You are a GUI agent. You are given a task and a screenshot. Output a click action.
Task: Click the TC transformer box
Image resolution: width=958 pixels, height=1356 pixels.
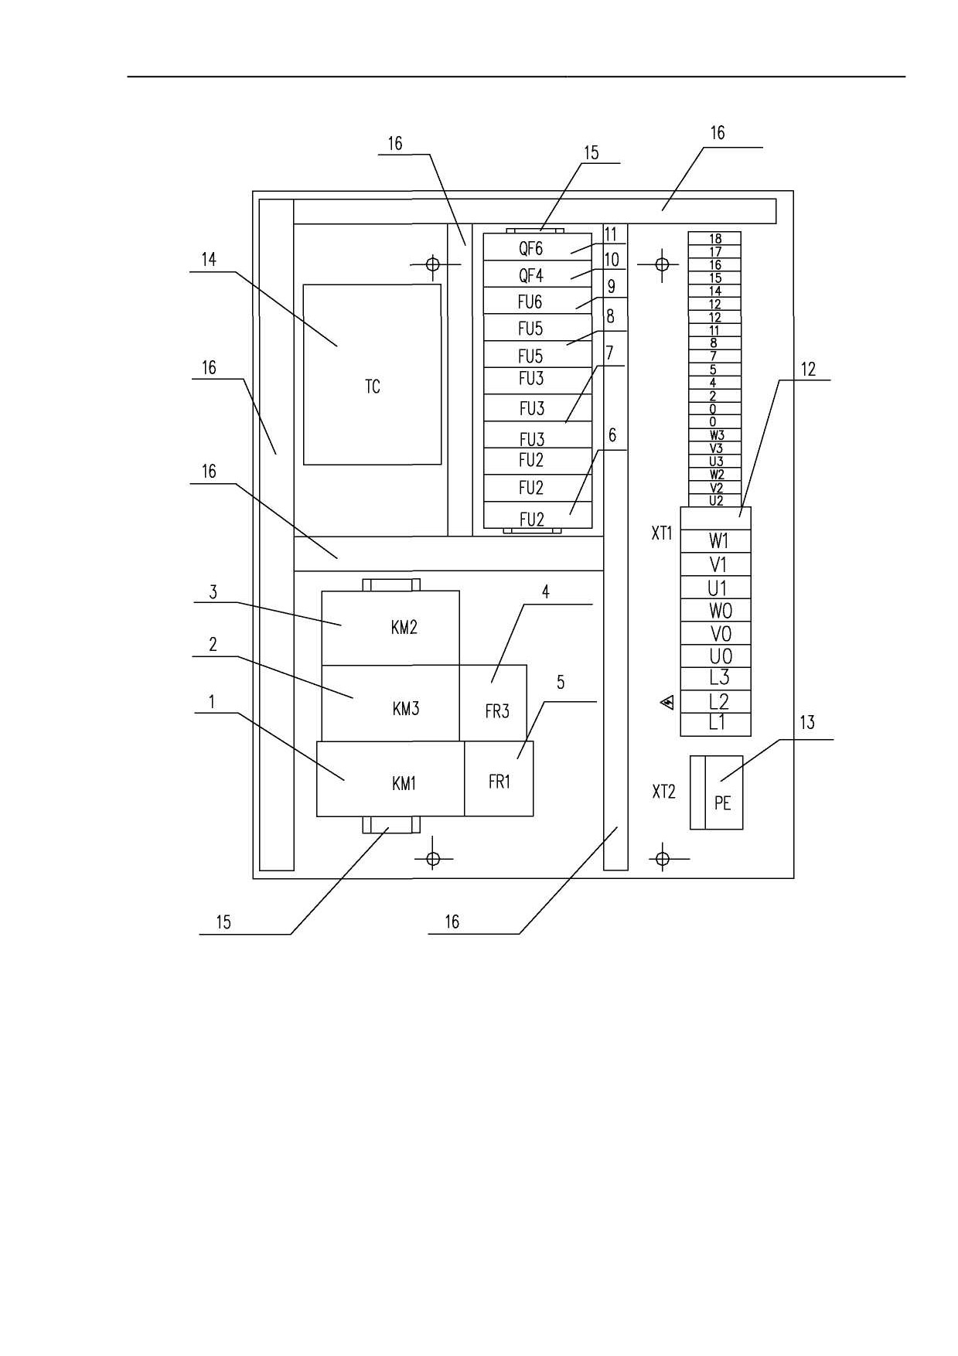point(372,374)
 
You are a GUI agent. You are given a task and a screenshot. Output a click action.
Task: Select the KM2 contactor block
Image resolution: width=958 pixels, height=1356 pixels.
point(390,628)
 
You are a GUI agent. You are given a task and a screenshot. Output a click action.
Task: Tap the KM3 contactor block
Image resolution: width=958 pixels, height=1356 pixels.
point(390,703)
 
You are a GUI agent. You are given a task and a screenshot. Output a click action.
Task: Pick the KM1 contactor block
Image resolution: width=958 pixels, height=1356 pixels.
point(390,779)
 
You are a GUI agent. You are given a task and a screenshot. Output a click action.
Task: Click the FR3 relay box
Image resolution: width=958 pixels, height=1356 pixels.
point(493,703)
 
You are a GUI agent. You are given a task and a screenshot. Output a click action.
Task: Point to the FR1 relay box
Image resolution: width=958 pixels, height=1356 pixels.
point(499,779)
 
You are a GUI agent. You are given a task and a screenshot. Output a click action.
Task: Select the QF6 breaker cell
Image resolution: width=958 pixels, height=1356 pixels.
point(538,247)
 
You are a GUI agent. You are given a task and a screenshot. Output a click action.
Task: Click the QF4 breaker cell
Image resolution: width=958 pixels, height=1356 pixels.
point(538,274)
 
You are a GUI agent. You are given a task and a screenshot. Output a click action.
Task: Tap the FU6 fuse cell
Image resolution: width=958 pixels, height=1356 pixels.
point(538,302)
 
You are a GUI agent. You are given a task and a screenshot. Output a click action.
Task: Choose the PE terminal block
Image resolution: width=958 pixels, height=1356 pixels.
point(717,792)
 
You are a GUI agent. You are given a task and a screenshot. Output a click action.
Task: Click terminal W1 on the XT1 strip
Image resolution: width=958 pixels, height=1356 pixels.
point(715,541)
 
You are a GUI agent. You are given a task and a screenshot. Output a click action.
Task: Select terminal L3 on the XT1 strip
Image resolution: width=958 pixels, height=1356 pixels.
point(715,679)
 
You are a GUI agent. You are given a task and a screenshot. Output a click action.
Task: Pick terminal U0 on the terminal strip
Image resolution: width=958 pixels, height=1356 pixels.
point(715,656)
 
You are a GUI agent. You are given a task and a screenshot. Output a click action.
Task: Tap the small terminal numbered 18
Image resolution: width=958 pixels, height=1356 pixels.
point(715,239)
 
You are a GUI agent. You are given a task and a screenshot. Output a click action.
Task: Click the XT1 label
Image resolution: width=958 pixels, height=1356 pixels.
point(663,533)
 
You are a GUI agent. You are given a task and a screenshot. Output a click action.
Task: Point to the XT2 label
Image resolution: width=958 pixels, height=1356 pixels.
point(663,792)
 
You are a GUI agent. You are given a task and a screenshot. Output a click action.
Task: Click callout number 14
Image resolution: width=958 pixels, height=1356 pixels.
point(209,260)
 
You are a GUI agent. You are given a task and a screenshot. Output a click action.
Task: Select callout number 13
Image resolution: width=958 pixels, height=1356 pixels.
point(806,723)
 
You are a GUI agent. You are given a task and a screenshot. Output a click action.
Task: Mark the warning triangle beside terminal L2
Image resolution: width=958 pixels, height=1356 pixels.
point(667,702)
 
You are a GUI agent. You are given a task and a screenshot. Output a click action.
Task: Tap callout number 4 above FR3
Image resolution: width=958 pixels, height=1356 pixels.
point(546,592)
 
